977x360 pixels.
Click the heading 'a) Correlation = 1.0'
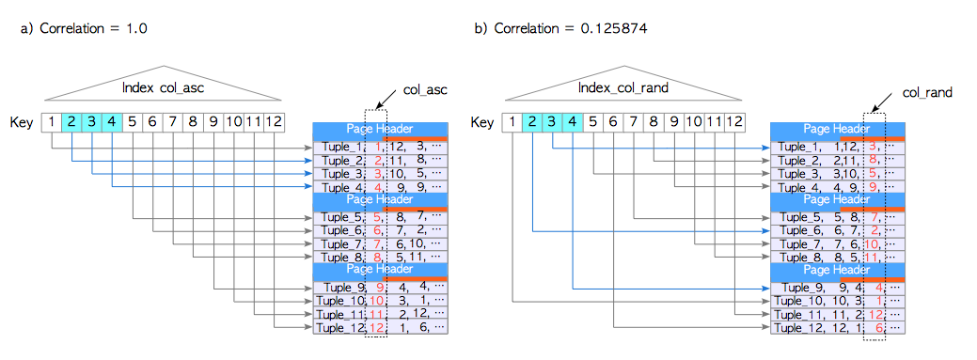84,29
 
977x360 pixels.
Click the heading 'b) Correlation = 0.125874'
560,29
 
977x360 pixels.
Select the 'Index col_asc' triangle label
164,87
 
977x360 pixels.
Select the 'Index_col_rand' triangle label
623,87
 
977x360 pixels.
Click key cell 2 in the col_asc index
71,121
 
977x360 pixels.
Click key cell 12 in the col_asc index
273,121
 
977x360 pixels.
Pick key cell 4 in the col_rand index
571,121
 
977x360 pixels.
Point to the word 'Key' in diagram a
21,122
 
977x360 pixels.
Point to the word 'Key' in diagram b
481,122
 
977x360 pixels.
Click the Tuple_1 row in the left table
380,147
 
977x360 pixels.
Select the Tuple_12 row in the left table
380,328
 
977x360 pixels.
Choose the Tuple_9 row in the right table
837,288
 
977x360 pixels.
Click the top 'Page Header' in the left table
380,129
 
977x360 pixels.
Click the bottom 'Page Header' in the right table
837,269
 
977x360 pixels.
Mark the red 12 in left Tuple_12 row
377,328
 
